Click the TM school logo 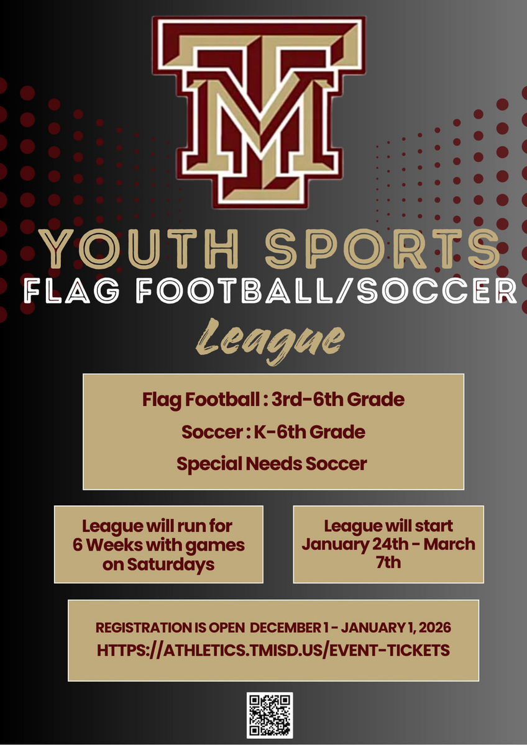259,112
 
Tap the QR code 270,715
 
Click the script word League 270,341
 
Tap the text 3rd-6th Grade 338,399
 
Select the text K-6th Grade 309,432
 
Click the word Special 209,464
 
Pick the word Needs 274,463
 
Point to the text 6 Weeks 108,545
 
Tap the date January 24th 355,544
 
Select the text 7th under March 388,562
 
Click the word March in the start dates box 449,544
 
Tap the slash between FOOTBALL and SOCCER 344,291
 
